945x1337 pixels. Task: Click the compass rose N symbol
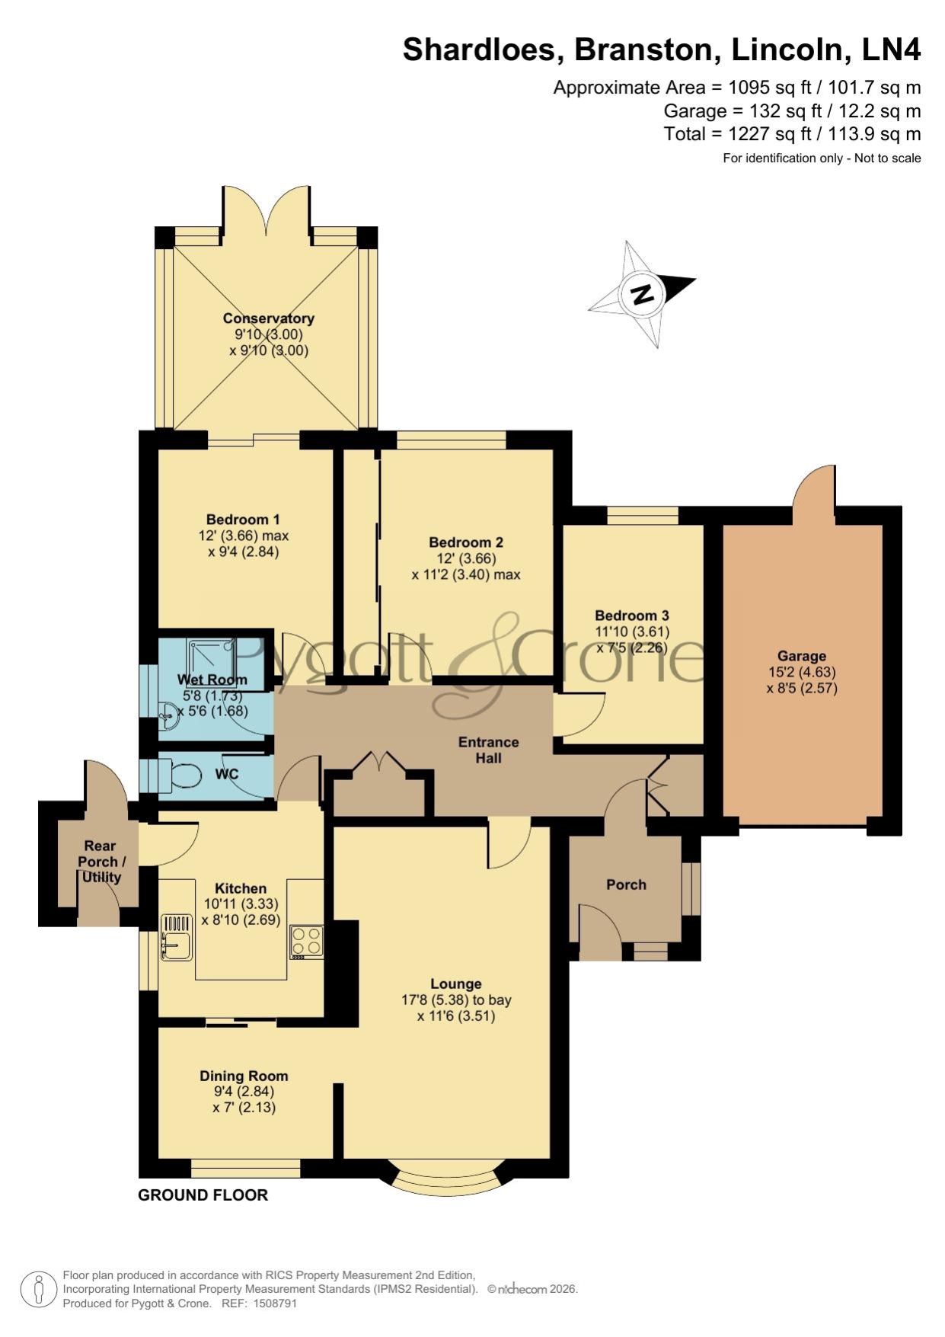[x=643, y=294]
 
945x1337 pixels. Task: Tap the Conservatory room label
[x=268, y=318]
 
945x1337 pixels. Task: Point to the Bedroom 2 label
[x=466, y=542]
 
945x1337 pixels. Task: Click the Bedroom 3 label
[x=632, y=616]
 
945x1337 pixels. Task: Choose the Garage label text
[x=802, y=656]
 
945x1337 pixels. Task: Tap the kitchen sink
[x=177, y=937]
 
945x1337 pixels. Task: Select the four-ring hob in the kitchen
[x=306, y=942]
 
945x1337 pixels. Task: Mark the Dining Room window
[x=245, y=1168]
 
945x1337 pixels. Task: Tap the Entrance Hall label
[x=488, y=750]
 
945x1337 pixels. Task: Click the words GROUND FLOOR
[x=203, y=1195]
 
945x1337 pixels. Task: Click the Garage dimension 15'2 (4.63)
[x=802, y=672]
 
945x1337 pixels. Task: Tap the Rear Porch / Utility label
[x=101, y=862]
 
